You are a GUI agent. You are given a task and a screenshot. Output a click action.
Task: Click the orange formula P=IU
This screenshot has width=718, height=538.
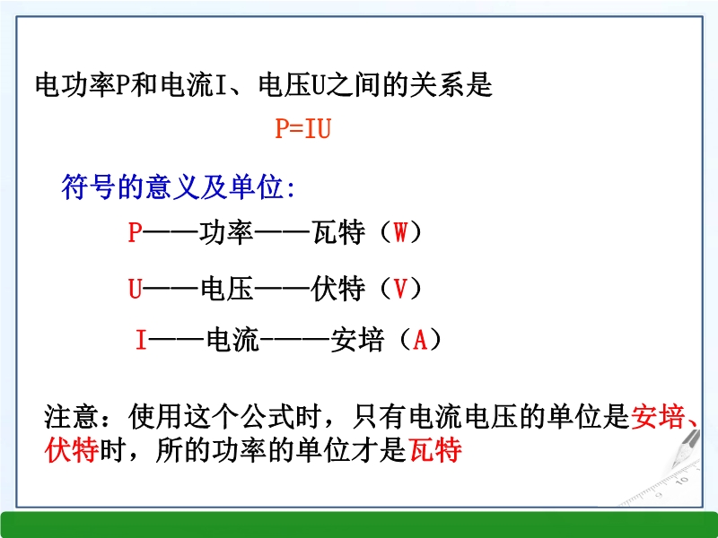click(302, 128)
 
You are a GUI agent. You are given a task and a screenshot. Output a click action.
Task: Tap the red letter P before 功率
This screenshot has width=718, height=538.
click(135, 232)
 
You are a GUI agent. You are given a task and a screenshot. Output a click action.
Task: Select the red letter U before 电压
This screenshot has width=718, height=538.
click(136, 289)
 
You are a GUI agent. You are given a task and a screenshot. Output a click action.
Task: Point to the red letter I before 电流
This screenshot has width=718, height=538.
click(141, 340)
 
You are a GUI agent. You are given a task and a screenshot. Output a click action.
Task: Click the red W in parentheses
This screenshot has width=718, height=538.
click(400, 232)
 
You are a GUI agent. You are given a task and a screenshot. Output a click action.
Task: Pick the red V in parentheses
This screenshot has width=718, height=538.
click(400, 289)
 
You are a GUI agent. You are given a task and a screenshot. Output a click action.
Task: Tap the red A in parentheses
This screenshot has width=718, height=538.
click(420, 340)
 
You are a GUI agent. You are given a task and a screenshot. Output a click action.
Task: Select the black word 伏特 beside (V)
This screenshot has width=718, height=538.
click(338, 289)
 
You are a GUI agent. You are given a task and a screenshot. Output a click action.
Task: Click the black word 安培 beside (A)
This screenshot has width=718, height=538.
click(357, 340)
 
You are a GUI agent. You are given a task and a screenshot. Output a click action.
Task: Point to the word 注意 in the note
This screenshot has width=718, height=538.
click(71, 416)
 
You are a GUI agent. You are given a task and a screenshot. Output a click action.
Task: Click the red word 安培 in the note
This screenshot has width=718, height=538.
click(658, 416)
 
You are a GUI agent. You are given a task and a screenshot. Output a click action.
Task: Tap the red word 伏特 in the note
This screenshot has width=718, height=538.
click(72, 450)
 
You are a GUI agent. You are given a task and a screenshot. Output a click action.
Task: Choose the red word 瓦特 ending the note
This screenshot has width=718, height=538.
click(435, 450)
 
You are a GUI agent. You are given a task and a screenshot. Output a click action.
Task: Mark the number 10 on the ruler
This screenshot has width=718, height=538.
click(682, 481)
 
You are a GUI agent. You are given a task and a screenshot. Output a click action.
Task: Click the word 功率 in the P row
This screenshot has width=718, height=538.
click(226, 232)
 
